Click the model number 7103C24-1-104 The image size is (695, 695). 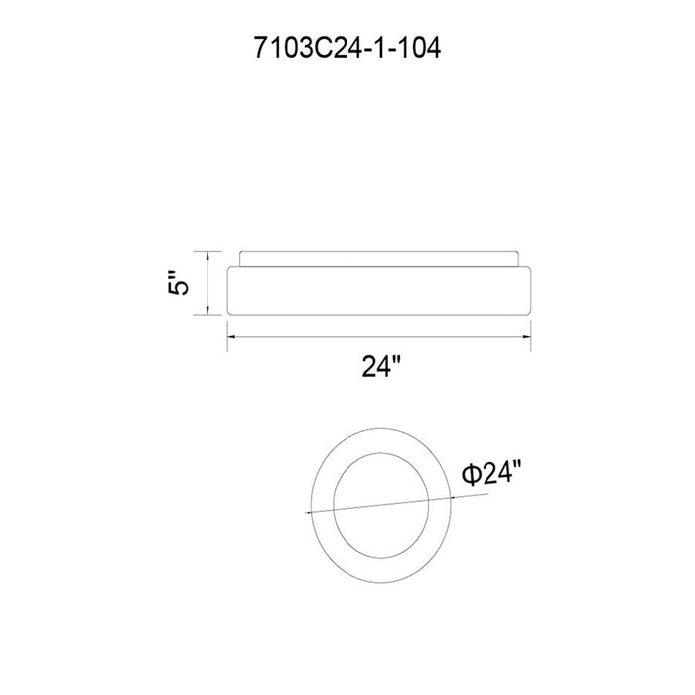click(347, 48)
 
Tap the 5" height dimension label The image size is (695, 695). click(178, 282)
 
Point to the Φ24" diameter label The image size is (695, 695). click(491, 473)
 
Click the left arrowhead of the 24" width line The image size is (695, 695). click(231, 337)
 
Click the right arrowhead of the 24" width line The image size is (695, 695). click(526, 337)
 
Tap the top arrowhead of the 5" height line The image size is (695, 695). click(207, 255)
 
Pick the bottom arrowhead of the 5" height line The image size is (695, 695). click(207, 311)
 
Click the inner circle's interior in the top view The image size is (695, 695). click(380, 505)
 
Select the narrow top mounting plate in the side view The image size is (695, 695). click(379, 259)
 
